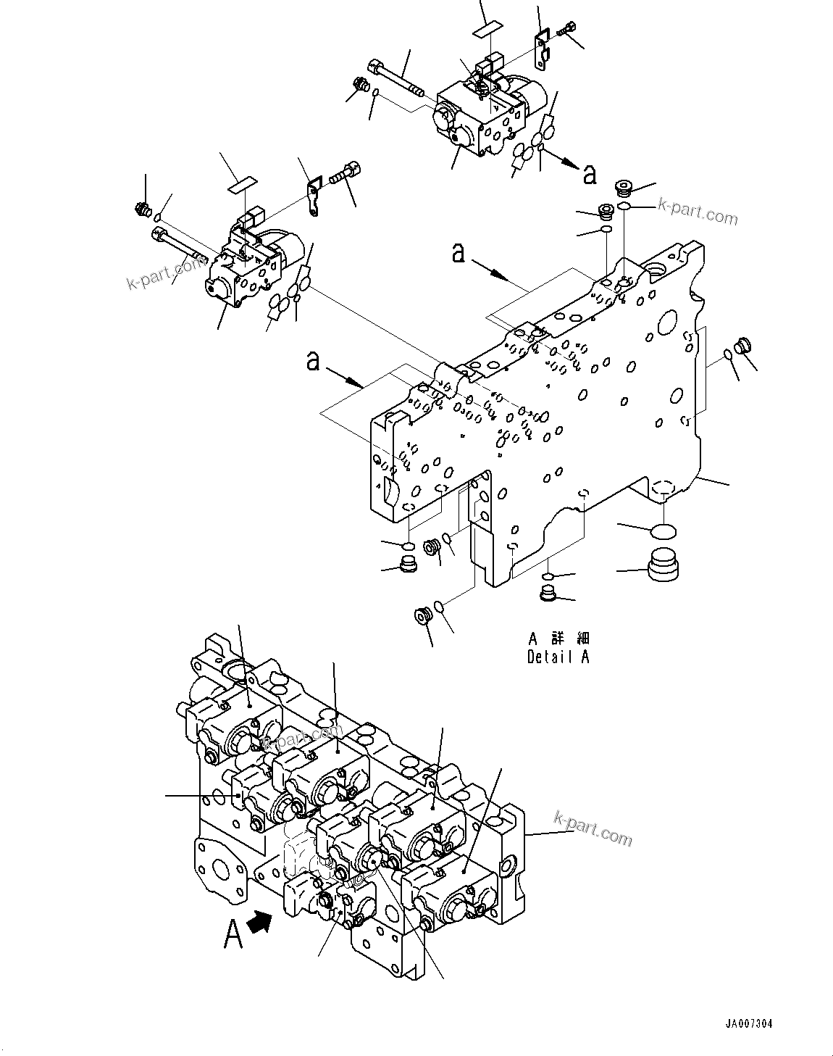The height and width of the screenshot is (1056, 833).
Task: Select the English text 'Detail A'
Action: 558,657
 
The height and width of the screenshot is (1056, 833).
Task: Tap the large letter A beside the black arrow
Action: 233,934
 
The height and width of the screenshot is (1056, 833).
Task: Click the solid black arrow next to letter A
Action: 261,923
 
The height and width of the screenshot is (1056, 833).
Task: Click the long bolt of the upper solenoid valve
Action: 395,79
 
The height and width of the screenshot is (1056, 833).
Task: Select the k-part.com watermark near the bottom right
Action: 591,828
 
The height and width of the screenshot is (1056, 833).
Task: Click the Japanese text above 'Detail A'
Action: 558,639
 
